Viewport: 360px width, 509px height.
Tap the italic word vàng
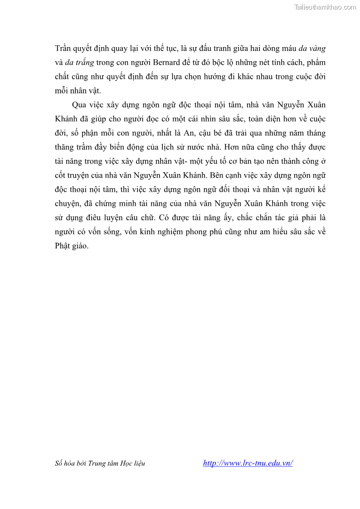pyautogui.click(x=316, y=48)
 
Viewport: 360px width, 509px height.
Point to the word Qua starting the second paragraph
pyautogui.click(x=79, y=105)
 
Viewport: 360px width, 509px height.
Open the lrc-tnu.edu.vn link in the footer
pyautogui.click(x=248, y=463)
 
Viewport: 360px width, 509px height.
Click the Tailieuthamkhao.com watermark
pyautogui.click(x=325, y=7)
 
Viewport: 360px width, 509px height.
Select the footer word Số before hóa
pyautogui.click(x=59, y=463)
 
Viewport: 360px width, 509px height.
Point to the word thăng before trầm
pyautogui.click(x=65, y=147)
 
